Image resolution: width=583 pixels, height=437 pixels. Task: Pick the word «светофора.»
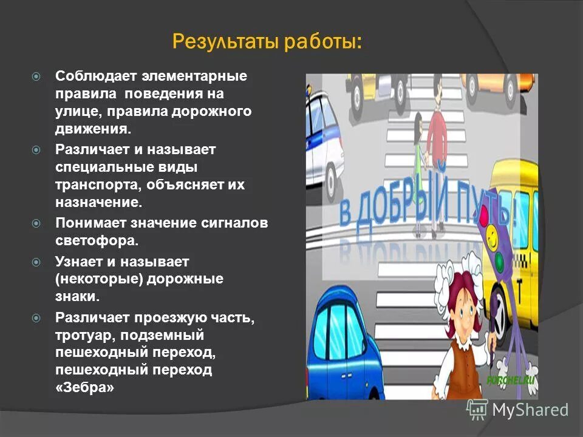(x=97, y=239)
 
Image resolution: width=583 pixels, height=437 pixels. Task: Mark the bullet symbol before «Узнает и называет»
(x=36, y=262)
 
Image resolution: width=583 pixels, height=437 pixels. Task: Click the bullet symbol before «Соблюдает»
(x=36, y=78)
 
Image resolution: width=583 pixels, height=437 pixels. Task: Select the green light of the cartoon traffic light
(x=499, y=262)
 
